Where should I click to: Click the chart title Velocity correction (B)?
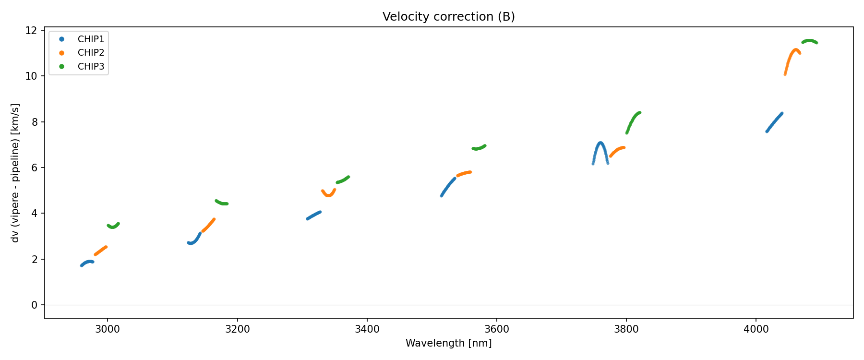tap(448, 17)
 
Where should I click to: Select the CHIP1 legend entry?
tap(91, 39)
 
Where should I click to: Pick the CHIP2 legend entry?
tap(91, 53)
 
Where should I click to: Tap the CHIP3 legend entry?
tap(91, 67)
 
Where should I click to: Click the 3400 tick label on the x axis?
tap(367, 329)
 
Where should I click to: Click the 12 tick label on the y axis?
tap(31, 30)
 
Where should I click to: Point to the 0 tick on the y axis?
tap(34, 305)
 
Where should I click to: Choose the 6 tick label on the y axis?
tap(34, 168)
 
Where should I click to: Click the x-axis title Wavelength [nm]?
tap(448, 343)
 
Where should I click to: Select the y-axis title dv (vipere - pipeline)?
tap(15, 173)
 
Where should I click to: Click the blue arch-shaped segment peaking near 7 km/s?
tap(600, 143)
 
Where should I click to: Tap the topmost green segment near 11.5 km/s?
tap(810, 41)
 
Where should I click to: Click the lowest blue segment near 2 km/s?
tap(87, 262)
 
